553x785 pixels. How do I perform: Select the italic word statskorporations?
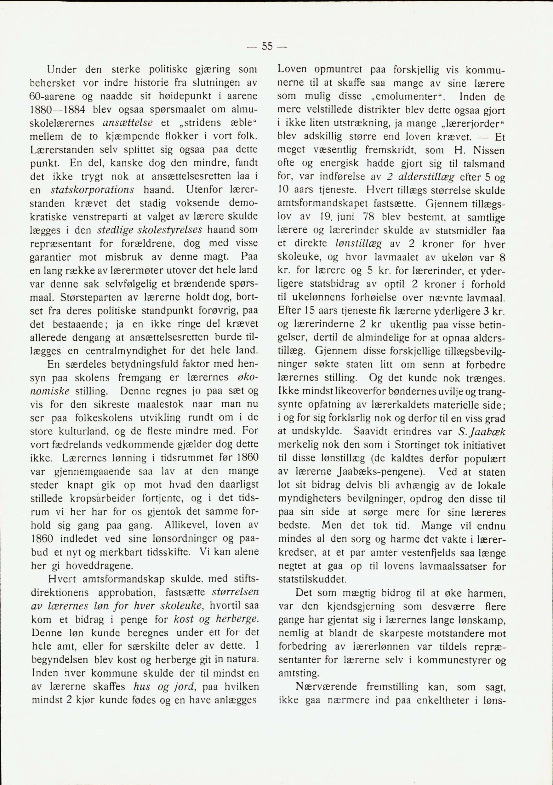tap(92, 190)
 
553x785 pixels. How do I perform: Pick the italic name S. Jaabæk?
tap(482, 432)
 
